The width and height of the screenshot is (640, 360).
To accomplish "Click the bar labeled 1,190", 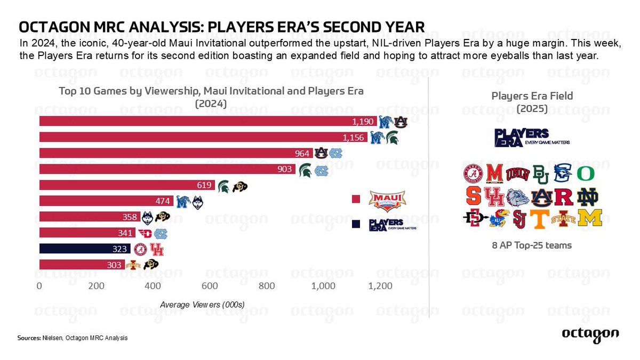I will (x=208, y=121).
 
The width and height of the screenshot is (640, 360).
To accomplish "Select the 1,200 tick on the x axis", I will (x=380, y=286).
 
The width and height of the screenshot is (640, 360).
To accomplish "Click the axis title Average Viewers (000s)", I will (x=202, y=305).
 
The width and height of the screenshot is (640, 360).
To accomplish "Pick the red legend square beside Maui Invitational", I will (x=356, y=199).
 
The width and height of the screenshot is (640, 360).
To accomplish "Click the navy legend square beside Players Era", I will (x=356, y=225).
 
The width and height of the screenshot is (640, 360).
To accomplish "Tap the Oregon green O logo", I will (x=585, y=174).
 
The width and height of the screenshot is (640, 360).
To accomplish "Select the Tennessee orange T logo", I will (x=539, y=218).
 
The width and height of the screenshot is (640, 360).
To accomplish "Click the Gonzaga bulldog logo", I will (x=518, y=197).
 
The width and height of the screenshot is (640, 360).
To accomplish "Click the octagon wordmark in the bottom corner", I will (x=590, y=333).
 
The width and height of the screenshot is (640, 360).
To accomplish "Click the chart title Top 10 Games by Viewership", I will (x=211, y=91).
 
